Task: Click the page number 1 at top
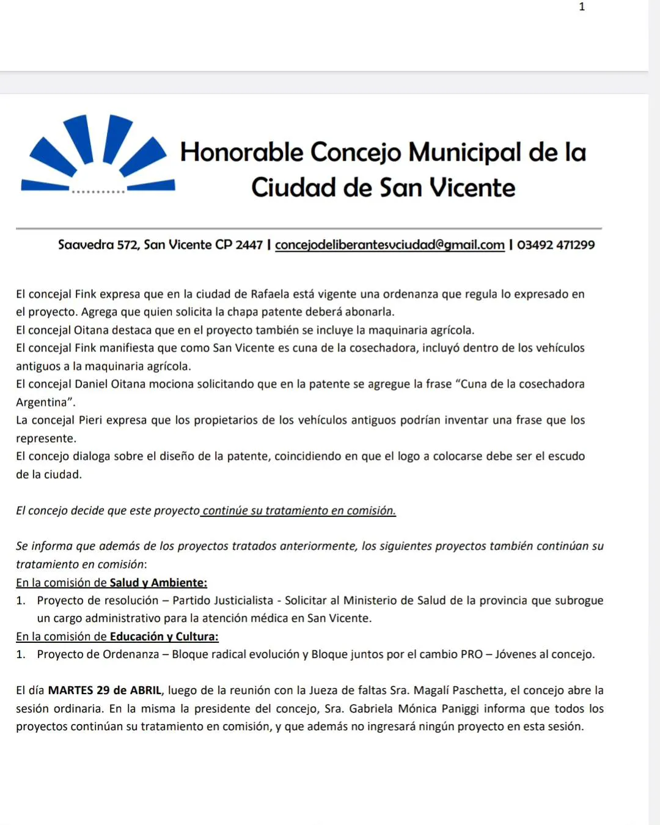[x=582, y=7]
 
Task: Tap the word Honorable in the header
[x=241, y=152]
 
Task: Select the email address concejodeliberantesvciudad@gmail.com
[x=389, y=245]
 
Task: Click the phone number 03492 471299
[x=555, y=245]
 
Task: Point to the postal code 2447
[x=249, y=245]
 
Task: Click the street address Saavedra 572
[x=98, y=245]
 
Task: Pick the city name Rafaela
[x=271, y=294]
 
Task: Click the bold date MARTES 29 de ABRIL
[x=105, y=691]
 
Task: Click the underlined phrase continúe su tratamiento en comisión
[x=299, y=511]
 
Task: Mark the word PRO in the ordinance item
[x=472, y=654]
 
